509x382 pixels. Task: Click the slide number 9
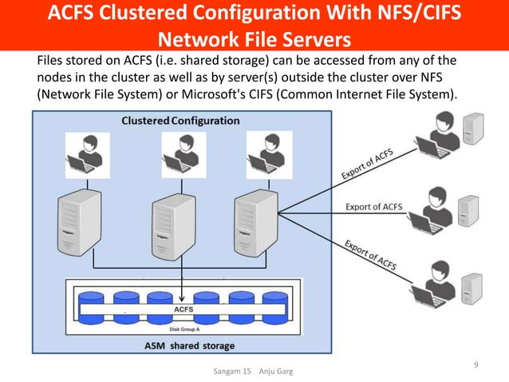(476, 366)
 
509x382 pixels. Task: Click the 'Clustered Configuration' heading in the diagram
(180, 121)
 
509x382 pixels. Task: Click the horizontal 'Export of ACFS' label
(373, 207)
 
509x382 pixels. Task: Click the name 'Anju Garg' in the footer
(274, 372)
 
